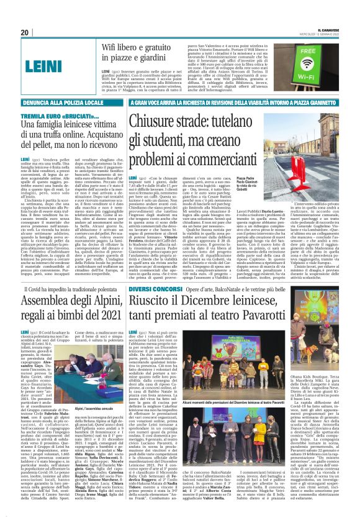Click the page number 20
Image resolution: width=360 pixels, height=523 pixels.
click(25, 33)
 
